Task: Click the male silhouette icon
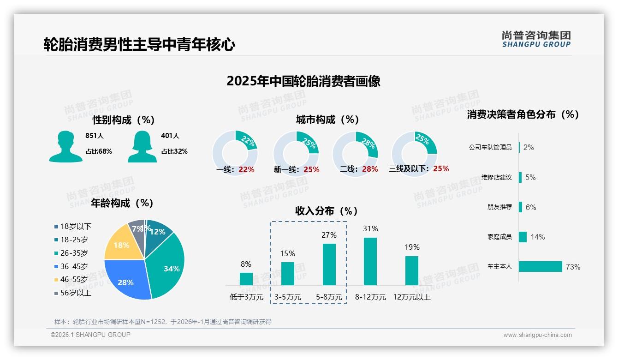pyautogui.click(x=65, y=147)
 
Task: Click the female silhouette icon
pyautogui.click(x=142, y=147)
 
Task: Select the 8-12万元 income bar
pyautogui.click(x=370, y=261)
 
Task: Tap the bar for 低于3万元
pyautogui.click(x=246, y=279)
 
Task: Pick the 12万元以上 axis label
pyautogui.click(x=411, y=297)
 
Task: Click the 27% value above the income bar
pyautogui.click(x=329, y=235)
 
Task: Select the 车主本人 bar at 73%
pyautogui.click(x=541, y=267)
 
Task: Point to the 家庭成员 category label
pyautogui.click(x=499, y=237)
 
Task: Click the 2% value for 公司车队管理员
pyautogui.click(x=529, y=147)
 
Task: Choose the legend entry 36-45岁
pyautogui.click(x=74, y=266)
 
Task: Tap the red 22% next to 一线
pyautogui.click(x=246, y=169)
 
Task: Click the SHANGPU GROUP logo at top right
pyautogui.click(x=536, y=39)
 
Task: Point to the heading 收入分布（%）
pyautogui.click(x=327, y=211)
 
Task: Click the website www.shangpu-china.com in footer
pyautogui.click(x=537, y=335)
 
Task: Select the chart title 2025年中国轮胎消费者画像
pyautogui.click(x=303, y=81)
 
